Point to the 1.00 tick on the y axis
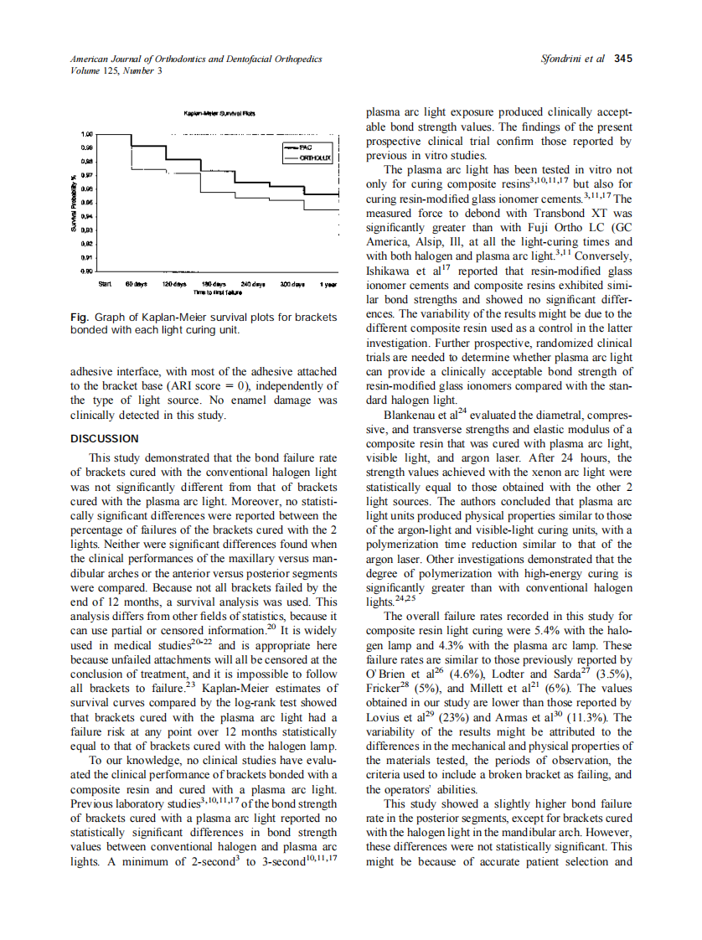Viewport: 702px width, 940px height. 86,134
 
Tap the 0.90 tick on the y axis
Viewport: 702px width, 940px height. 86,271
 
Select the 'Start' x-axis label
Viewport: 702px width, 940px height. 106,285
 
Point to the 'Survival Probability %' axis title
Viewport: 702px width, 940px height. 74,202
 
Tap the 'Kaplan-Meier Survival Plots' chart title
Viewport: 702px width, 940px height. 213,113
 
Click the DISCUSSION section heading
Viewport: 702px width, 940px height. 105,438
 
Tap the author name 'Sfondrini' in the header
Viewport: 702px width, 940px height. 565,59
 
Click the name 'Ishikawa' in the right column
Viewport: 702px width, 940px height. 389,271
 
